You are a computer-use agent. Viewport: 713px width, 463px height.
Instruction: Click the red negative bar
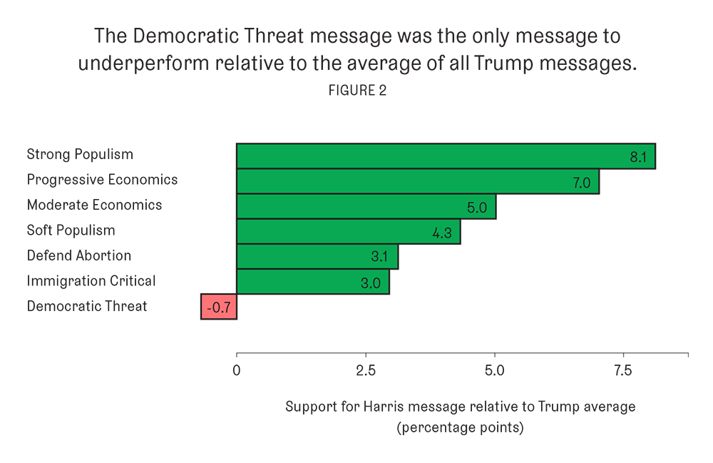pos(219,307)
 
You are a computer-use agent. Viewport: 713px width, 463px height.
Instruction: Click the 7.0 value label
pos(582,183)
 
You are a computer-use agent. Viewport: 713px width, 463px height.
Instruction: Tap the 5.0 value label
pos(477,208)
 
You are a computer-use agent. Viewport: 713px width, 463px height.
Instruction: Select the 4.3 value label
pos(442,233)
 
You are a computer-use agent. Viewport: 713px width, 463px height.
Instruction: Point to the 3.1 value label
pos(379,258)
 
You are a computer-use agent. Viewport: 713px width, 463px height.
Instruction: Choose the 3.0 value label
pos(370,283)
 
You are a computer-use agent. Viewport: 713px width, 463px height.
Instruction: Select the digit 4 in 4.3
pos(436,233)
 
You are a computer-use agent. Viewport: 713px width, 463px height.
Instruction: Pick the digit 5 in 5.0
pos(471,208)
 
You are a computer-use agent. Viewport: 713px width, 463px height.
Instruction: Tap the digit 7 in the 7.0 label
pos(576,183)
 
